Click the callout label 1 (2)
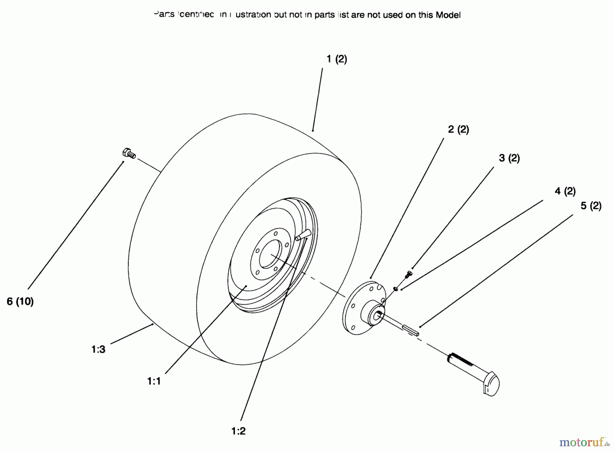coord(336,59)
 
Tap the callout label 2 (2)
coord(458,130)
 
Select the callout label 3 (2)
coord(509,158)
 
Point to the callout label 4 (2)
coord(565,191)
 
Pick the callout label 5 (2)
coord(591,206)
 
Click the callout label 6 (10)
coord(20,301)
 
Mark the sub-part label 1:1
coord(154,381)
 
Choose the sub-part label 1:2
coord(238,431)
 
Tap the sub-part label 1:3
coord(98,349)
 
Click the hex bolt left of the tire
coord(129,154)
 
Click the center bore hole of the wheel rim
coord(271,254)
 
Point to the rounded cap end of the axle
coord(492,385)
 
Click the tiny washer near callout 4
coord(396,289)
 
